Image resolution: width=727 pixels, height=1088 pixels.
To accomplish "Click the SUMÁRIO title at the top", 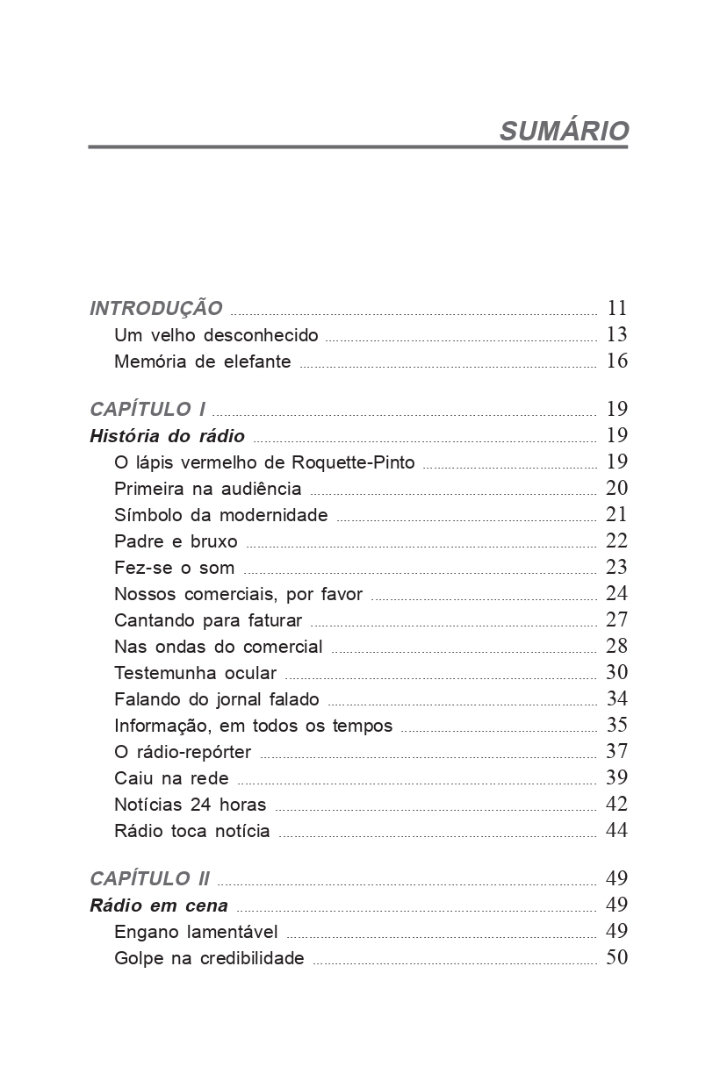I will pos(564,131).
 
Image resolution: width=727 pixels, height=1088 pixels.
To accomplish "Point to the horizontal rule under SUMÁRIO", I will pos(358,147).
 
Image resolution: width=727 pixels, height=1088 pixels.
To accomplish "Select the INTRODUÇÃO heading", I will pos(156,309).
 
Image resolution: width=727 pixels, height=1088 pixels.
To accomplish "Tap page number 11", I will pos(616,308).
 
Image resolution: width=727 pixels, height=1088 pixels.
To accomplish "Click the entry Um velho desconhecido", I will pos(216,335).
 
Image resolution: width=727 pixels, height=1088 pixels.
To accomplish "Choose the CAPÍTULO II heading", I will pos(150,879).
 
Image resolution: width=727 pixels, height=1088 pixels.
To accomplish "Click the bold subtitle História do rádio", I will pos(167,436).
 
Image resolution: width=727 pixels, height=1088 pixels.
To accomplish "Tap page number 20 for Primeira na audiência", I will pos(616,488).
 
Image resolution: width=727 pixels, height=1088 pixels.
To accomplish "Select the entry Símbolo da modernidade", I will pos(220,515).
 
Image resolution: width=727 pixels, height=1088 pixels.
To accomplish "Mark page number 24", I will pos(616,593).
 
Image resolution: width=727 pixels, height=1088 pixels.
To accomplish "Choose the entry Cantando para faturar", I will pos(208,620).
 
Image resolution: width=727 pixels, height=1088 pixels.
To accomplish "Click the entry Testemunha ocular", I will pos(195,673).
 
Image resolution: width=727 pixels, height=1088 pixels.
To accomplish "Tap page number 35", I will pos(616,725).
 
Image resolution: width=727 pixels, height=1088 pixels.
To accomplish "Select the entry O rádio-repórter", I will pos(183,752).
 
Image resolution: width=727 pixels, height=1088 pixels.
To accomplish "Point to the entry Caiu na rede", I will pos(171,778).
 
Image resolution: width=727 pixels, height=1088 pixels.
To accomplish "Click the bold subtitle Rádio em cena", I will pos(159,905).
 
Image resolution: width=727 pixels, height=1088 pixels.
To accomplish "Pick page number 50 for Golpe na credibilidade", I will pos(616,957).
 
